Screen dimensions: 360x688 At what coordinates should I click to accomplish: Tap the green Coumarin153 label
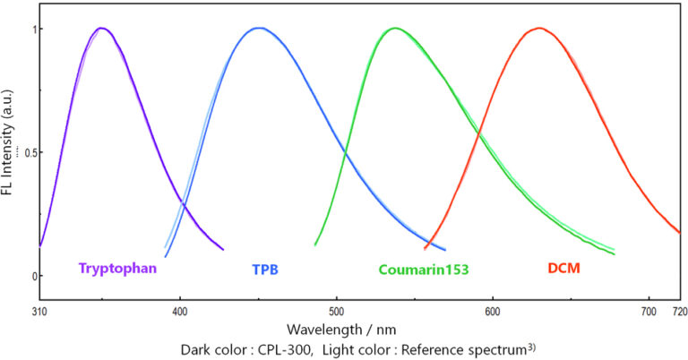pyautogui.click(x=424, y=268)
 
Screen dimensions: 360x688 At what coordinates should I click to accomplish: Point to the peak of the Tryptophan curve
pyautogui.click(x=102, y=28)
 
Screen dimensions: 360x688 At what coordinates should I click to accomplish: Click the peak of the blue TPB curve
pyautogui.click(x=259, y=28)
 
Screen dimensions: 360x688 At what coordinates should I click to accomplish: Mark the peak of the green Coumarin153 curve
pyautogui.click(x=394, y=28)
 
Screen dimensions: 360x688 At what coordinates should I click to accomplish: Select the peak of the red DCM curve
pyautogui.click(x=539, y=28)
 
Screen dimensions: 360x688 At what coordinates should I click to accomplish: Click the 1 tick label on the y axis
pyautogui.click(x=28, y=29)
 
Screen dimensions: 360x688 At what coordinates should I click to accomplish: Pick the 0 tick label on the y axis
pyautogui.click(x=28, y=276)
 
